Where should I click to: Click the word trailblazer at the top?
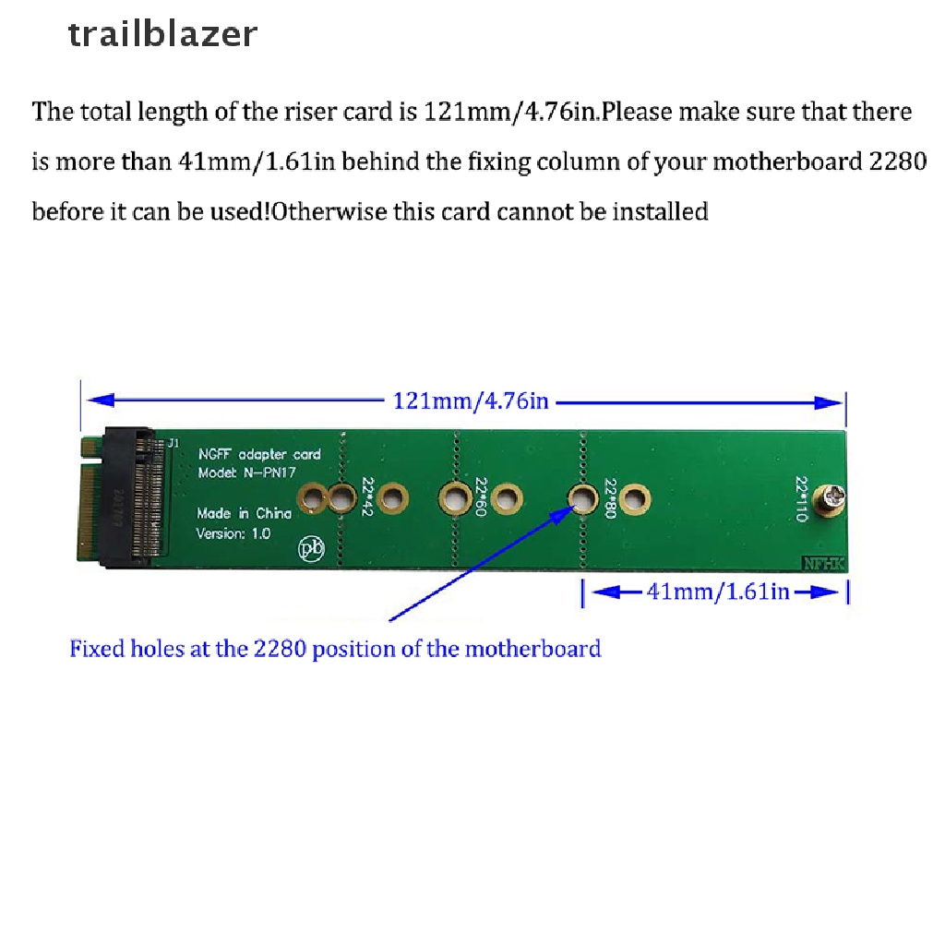[162, 34]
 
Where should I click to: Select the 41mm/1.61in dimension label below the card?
[718, 592]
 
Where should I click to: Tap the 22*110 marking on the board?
[800, 499]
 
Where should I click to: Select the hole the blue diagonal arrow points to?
[582, 499]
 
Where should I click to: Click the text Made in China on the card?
[244, 514]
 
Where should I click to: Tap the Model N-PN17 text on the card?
[245, 473]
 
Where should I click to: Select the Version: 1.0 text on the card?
[233, 534]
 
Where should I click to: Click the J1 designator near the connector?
[173, 444]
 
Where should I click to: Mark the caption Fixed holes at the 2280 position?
[335, 649]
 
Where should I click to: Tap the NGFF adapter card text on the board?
[259, 454]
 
